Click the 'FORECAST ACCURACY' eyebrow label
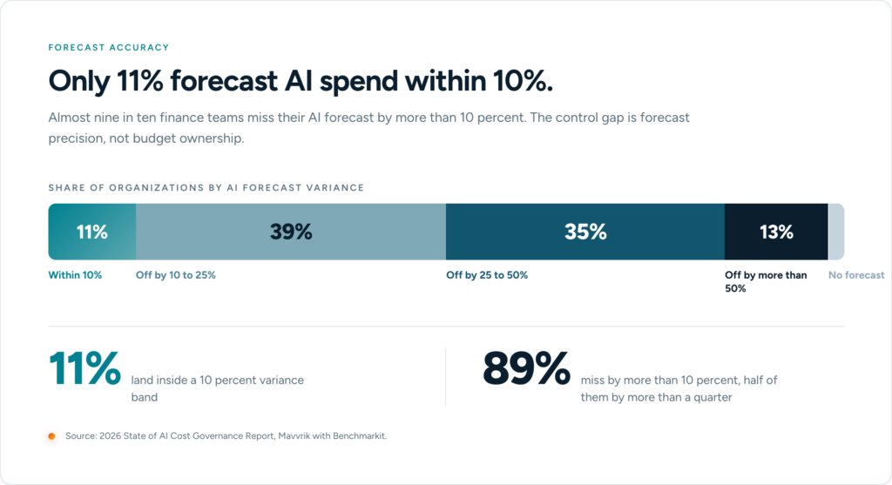point(109,47)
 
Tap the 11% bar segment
point(92,232)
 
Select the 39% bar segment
point(291,232)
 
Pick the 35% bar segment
point(585,232)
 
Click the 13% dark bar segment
point(776,232)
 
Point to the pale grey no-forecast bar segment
point(836,232)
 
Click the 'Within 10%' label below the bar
point(75,275)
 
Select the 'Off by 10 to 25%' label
point(176,275)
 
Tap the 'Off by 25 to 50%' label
point(487,275)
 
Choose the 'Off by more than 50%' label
point(766,281)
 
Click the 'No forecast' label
point(856,275)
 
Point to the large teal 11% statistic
point(84,367)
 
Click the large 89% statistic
point(526,367)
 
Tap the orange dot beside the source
point(51,436)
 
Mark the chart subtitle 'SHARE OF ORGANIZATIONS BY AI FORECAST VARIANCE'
point(206,187)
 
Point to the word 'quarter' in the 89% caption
point(713,397)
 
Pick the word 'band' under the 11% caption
point(145,397)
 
